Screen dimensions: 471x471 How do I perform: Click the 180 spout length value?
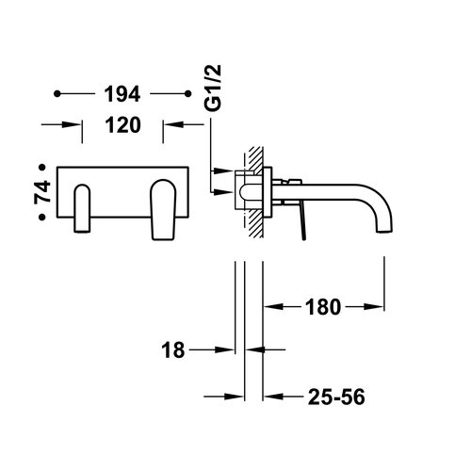point(323,306)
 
